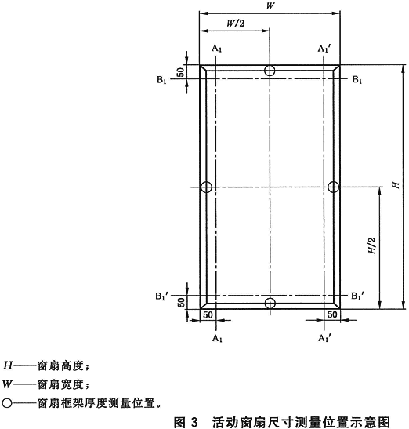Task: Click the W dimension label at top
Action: click(x=270, y=5)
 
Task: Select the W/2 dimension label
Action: click(x=235, y=24)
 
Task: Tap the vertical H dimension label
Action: click(x=396, y=185)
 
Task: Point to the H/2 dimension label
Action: click(x=372, y=245)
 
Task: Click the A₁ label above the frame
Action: click(x=217, y=49)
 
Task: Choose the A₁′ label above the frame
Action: click(x=324, y=49)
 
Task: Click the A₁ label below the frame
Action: click(x=217, y=339)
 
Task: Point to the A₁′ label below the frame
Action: click(x=325, y=339)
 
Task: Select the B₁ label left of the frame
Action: click(x=161, y=80)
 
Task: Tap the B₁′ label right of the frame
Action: click(x=358, y=296)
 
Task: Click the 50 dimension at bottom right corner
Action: click(x=332, y=314)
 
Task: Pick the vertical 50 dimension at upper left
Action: click(x=180, y=72)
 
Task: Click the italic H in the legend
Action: click(x=8, y=365)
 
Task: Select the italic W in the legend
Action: click(x=7, y=384)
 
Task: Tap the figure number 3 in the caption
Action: click(x=194, y=422)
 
